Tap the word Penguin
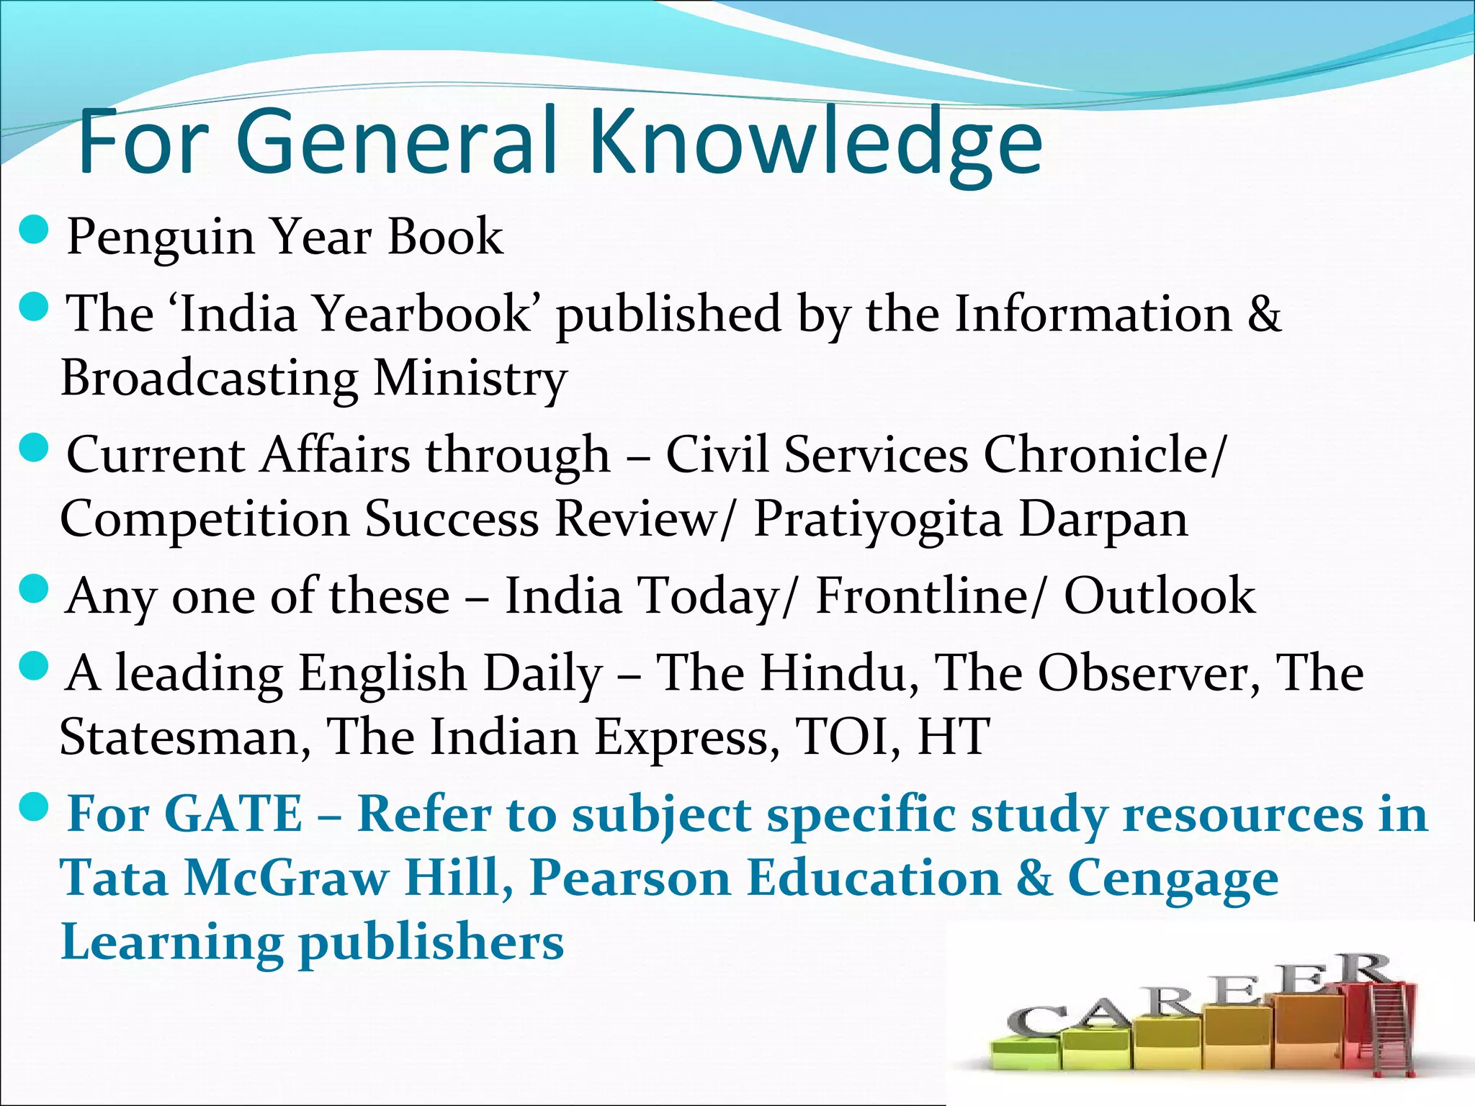161,238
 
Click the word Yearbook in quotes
423,314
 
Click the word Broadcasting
210,379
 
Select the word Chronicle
1099,455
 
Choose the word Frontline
923,596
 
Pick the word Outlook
1160,596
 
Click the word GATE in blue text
233,814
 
